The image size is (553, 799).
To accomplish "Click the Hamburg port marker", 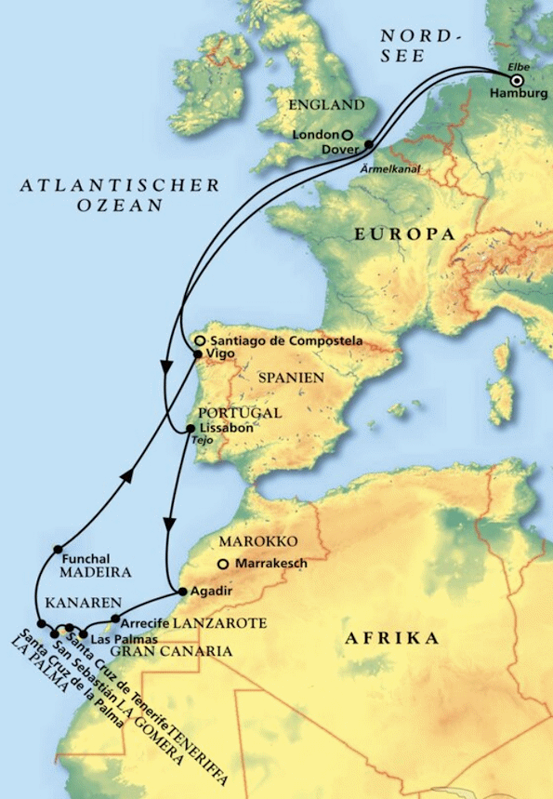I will pyautogui.click(x=517, y=80).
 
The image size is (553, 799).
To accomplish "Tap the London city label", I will pyautogui.click(x=309, y=135).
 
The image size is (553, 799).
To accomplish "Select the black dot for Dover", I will pyautogui.click(x=369, y=144).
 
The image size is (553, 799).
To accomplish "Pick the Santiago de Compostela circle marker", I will pyautogui.click(x=199, y=340).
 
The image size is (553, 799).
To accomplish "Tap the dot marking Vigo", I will pyautogui.click(x=197, y=354).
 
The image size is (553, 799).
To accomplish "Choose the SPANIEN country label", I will pyautogui.click(x=291, y=379).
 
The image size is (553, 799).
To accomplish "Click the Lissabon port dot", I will pyautogui.click(x=191, y=428).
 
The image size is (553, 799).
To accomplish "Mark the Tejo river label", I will pyautogui.click(x=204, y=441).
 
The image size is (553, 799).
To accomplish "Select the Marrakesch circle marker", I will pyautogui.click(x=222, y=564).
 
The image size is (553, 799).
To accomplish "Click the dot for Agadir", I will pyautogui.click(x=182, y=592).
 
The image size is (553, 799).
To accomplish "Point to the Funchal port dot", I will pyautogui.click(x=58, y=548).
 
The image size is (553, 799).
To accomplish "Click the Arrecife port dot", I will pyautogui.click(x=114, y=619).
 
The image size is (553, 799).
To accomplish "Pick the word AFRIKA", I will pyautogui.click(x=390, y=638).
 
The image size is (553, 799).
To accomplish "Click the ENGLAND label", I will pyautogui.click(x=326, y=104).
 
